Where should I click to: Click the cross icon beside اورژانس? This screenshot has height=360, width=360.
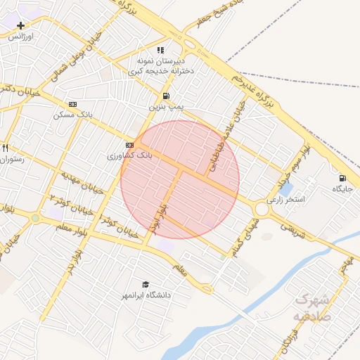click(x=20, y=25)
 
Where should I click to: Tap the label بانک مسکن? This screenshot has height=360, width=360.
click(x=72, y=115)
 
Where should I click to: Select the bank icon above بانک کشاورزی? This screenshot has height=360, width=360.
click(x=129, y=144)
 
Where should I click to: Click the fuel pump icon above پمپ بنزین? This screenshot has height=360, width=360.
click(x=165, y=96)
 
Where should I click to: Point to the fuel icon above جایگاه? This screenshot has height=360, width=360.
click(x=342, y=177)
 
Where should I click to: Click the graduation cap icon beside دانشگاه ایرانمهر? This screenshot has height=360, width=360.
click(x=145, y=284)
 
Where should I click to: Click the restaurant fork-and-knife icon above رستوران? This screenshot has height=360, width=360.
click(x=5, y=148)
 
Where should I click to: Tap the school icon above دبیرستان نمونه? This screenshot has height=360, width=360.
click(x=160, y=51)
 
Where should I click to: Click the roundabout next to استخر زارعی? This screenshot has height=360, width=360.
click(x=263, y=208)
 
